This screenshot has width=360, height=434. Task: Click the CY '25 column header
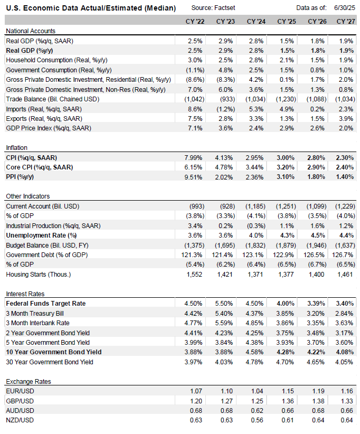click(287, 21)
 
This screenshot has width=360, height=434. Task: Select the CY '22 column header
click(195, 21)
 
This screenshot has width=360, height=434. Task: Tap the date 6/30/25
click(345, 8)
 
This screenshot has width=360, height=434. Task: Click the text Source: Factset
click(213, 8)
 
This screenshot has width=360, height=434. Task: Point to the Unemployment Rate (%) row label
click(41, 235)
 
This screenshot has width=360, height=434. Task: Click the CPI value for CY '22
click(193, 158)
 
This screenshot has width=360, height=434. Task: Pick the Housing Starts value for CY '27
click(345, 275)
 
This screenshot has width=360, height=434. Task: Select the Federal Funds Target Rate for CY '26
click(316, 304)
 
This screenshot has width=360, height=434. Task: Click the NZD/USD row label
click(20, 420)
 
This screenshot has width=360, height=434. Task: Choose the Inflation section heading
click(16, 148)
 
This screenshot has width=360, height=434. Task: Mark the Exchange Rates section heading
click(29, 382)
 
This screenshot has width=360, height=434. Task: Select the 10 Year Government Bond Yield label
click(54, 352)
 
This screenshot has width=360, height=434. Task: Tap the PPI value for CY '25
click(286, 177)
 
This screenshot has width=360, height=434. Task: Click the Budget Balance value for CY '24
click(255, 246)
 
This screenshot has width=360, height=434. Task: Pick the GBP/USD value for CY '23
click(226, 401)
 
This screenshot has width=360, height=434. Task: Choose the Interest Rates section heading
click(25, 294)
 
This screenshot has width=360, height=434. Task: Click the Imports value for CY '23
click(226, 109)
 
